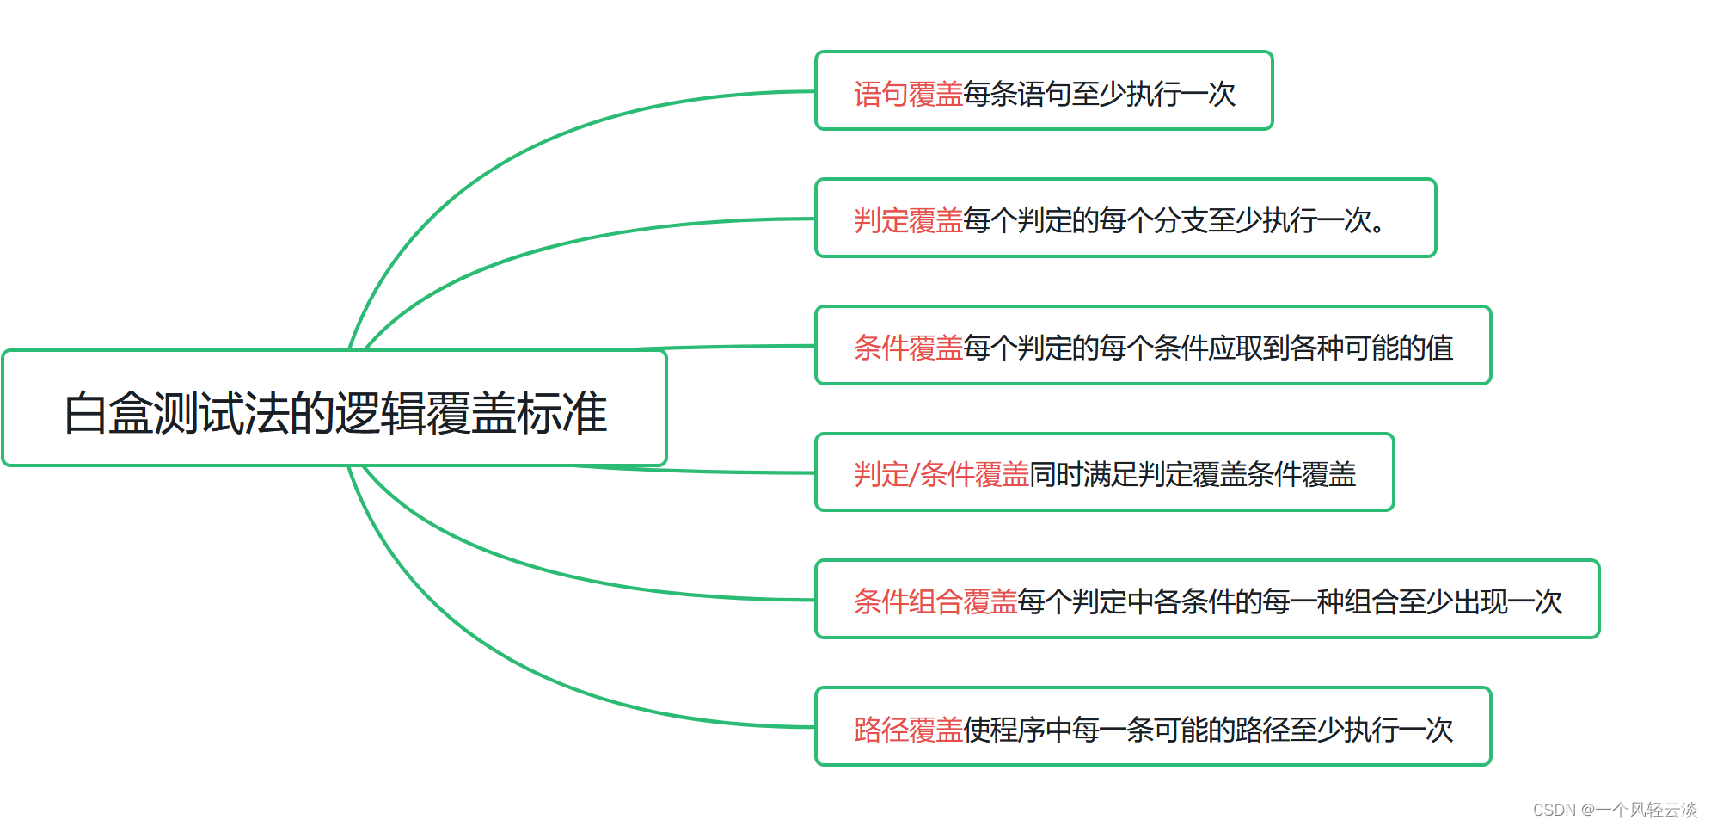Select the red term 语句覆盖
pos(908,94)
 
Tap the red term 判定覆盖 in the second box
pos(908,221)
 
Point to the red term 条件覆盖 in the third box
pos(908,348)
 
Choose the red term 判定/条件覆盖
pos(941,474)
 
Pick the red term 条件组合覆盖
pos(935,601)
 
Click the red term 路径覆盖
pos(908,730)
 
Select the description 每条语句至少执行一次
pos(1099,94)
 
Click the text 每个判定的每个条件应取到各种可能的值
pos(1208,348)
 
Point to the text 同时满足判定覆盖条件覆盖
pos(1193,474)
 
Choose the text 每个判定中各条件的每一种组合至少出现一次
pos(1290,601)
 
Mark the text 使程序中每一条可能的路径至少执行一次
pos(1208,730)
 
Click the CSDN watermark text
pos(1615,810)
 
